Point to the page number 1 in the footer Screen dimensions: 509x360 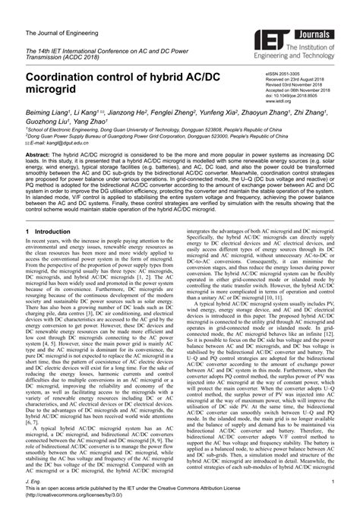(x=333, y=481)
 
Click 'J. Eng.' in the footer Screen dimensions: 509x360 (x=33, y=481)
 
